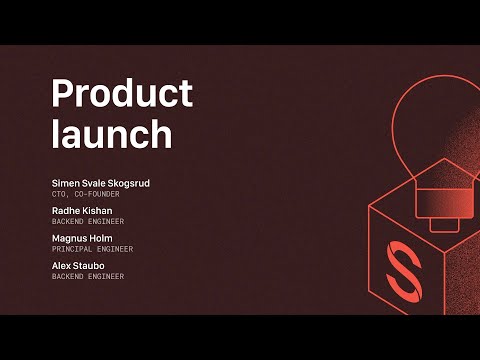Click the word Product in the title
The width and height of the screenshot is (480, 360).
121,94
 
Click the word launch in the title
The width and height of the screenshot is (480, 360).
112,133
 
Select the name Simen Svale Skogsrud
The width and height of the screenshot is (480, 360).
101,183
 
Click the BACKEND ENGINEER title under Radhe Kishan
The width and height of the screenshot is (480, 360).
88,221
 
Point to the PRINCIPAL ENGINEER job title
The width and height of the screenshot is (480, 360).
92,248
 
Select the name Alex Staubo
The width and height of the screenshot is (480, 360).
78,265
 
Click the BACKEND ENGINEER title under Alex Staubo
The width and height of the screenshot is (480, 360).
88,275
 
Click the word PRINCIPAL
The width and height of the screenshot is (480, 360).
72,248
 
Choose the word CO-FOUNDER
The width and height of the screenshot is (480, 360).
96,193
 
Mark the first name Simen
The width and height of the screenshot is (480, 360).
63,183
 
